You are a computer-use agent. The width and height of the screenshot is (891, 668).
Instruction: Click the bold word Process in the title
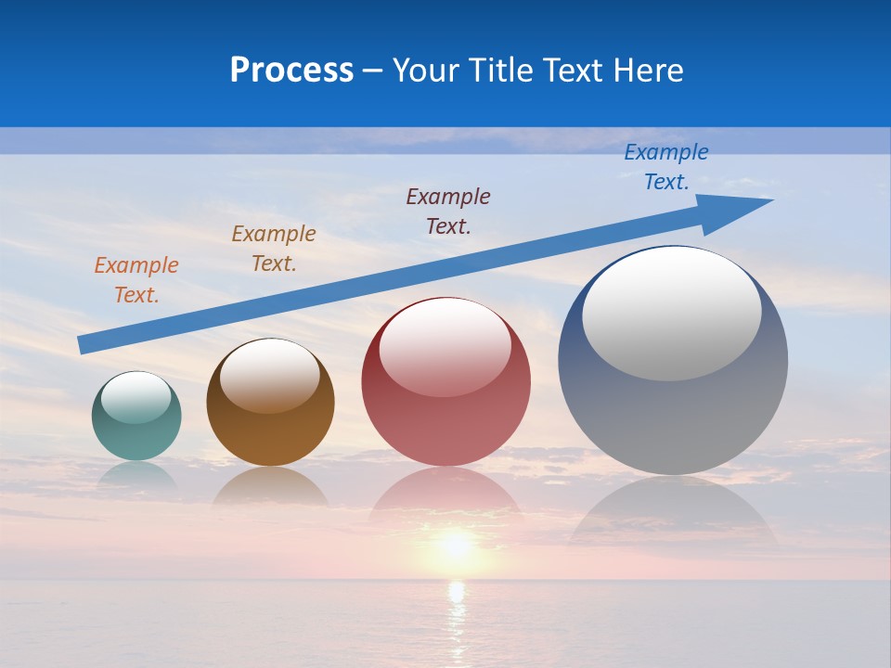(x=291, y=71)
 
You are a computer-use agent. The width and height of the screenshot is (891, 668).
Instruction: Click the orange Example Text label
(x=136, y=279)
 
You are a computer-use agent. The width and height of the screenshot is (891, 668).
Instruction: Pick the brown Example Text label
(x=274, y=248)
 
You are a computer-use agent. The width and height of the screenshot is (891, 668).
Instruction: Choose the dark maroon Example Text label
(x=448, y=211)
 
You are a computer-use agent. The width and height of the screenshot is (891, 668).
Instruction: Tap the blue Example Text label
(x=666, y=167)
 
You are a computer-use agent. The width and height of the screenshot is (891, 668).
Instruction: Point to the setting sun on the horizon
(x=455, y=546)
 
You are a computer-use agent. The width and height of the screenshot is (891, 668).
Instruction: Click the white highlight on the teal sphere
(x=136, y=397)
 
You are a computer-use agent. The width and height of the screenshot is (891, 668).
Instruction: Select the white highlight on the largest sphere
(x=671, y=314)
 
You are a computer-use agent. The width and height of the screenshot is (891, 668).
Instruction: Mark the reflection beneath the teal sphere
(x=136, y=475)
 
